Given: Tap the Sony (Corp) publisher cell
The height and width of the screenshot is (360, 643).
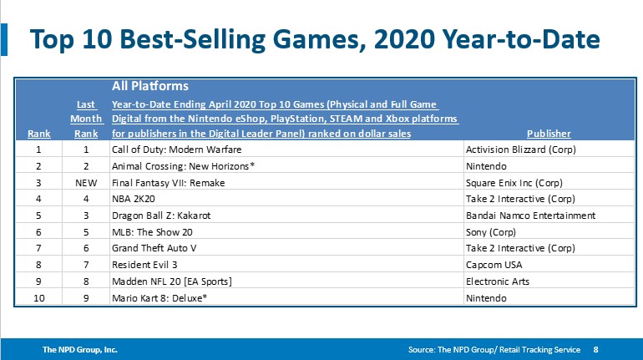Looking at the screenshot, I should [x=494, y=232].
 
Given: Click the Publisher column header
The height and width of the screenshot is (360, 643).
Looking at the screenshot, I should [x=549, y=133].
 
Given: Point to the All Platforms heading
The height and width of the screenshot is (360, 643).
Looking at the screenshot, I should [x=149, y=86].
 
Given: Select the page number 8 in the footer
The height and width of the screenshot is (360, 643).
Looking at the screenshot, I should [x=595, y=350].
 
